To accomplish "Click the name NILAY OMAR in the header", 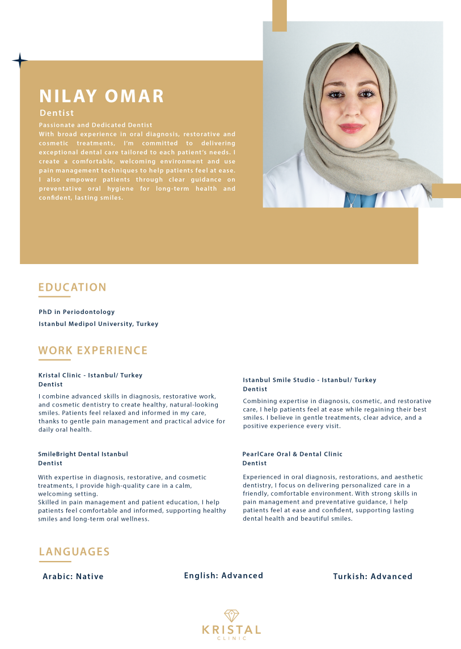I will tap(101, 96).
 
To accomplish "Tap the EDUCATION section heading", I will tap(72, 287).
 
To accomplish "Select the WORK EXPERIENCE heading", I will tap(92, 350).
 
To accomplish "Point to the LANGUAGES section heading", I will tap(74, 551).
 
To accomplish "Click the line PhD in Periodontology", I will tap(77, 312).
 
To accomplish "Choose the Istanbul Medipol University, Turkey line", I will tap(98, 324).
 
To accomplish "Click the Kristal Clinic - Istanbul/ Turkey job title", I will tap(90, 375).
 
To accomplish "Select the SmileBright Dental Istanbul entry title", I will tap(83, 454).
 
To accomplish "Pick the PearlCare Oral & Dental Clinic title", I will tap(292, 454).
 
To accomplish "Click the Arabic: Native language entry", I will tap(73, 576).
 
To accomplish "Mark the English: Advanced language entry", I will tap(223, 576).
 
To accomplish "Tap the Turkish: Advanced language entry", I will tap(373, 576).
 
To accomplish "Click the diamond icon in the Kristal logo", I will tap(231, 615).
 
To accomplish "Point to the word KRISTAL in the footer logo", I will tap(231, 630).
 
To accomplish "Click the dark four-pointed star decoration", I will tap(20, 61).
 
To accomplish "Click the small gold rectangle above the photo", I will tap(280, 15).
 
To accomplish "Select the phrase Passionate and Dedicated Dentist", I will tap(95, 125).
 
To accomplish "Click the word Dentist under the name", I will tap(57, 113).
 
